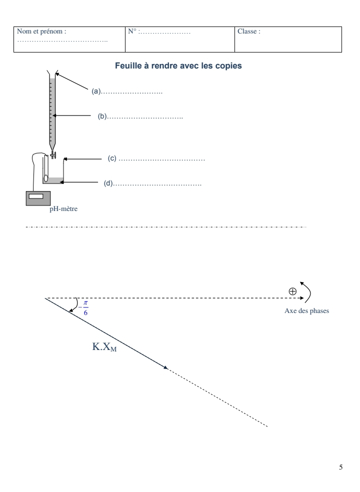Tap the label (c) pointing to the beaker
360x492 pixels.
pyautogui.click(x=112, y=158)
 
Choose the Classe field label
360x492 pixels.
pyautogui.click(x=249, y=31)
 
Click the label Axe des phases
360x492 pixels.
pyautogui.click(x=305, y=310)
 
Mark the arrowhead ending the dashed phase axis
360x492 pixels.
pyautogui.click(x=301, y=298)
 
